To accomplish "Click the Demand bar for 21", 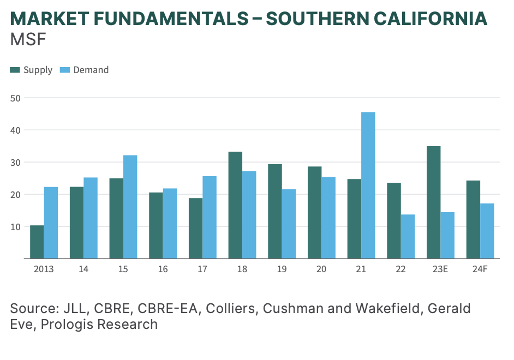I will [x=368, y=185].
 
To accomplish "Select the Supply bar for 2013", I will [x=37, y=242].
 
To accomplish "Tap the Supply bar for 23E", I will [x=433, y=202].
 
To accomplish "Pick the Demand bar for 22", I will [x=408, y=236].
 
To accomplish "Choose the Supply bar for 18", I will [x=235, y=205].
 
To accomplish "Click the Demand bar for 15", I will [x=130, y=207].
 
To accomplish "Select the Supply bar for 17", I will [x=195, y=228].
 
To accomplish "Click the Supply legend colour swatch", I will [x=15, y=70].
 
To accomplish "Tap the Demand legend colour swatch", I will [x=65, y=70].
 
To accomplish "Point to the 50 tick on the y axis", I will [x=16, y=98].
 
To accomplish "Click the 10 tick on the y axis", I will [x=16, y=226].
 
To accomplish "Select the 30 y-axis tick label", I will [x=16, y=163].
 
